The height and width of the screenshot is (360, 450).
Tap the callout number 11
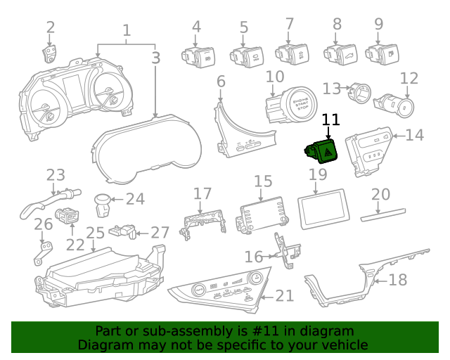pyautogui.click(x=330, y=120)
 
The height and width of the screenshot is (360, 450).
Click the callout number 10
pyautogui.click(x=275, y=76)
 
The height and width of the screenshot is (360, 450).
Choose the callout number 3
pyautogui.click(x=155, y=58)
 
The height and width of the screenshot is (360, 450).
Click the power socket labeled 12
pyautogui.click(x=397, y=106)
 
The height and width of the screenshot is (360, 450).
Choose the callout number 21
pyautogui.click(x=284, y=295)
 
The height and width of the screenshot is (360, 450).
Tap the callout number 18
pyautogui.click(x=397, y=280)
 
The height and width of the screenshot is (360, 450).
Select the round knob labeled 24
pyautogui.click(x=103, y=203)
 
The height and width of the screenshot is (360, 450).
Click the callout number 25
pyautogui.click(x=95, y=233)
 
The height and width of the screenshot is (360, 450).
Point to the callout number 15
pyautogui.click(x=263, y=182)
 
